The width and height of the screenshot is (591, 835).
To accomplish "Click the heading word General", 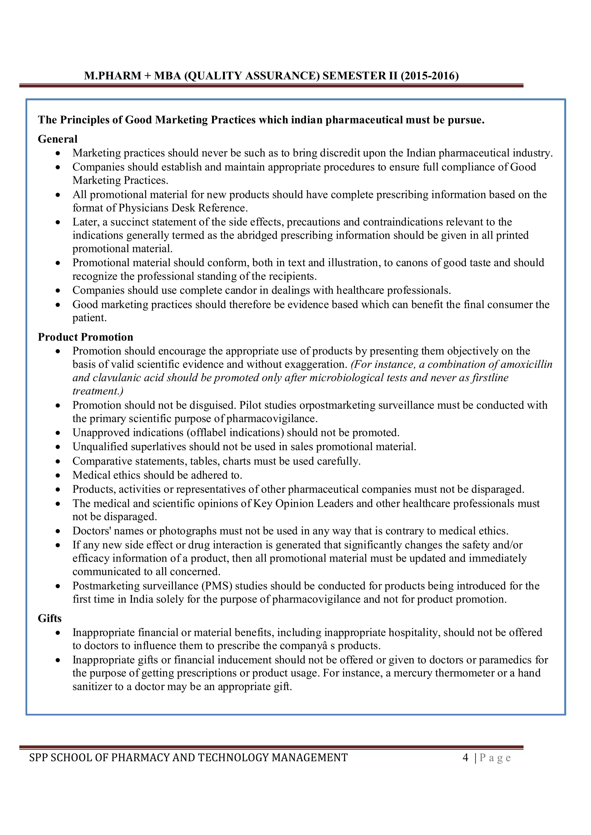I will [x=57, y=139].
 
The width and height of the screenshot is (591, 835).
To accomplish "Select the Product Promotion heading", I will [x=86, y=337].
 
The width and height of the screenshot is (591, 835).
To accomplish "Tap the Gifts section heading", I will [x=50, y=618].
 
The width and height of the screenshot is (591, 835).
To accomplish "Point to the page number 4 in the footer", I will [x=465, y=757].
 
